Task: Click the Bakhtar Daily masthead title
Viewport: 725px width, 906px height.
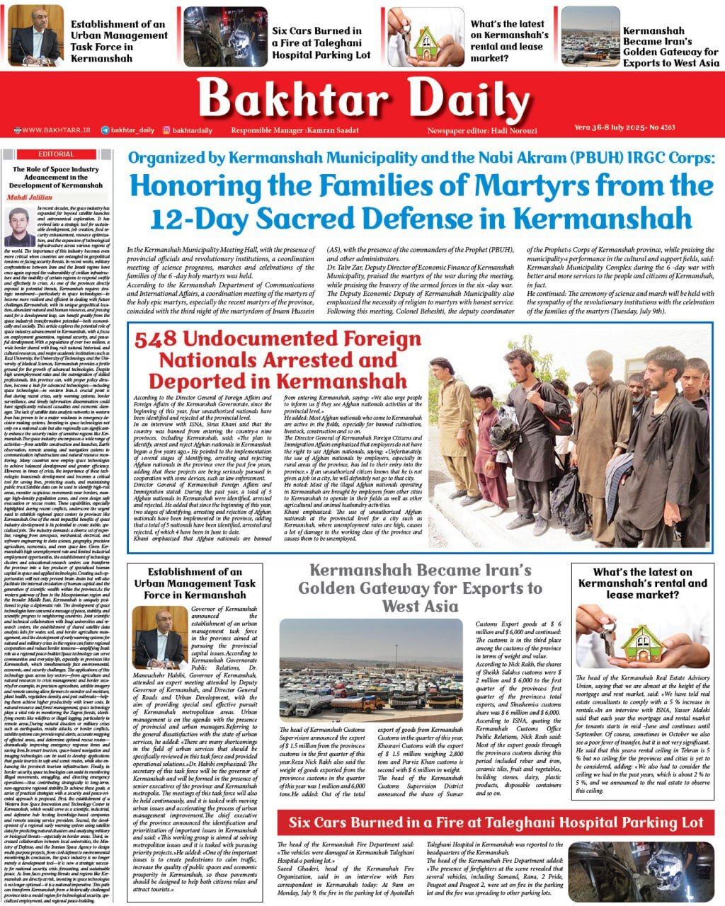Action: click(362, 97)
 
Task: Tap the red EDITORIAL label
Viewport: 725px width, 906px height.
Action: click(56, 154)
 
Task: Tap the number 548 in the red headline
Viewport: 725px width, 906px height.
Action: click(156, 340)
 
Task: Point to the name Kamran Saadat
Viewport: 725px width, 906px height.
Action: click(333, 130)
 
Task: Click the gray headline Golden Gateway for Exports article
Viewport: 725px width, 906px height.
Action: click(420, 588)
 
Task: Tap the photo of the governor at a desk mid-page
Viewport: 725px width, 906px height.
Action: click(160, 637)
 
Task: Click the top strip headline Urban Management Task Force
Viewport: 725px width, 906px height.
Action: click(119, 41)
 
